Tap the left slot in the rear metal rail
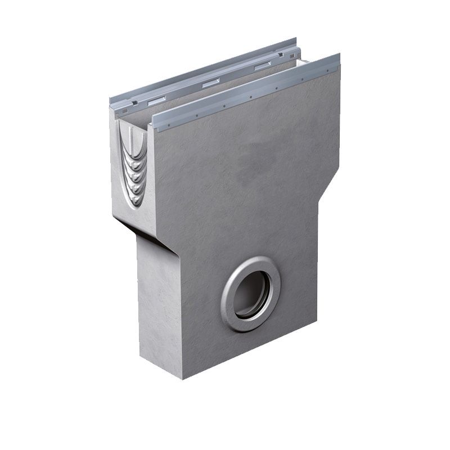click(x=157, y=100)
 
